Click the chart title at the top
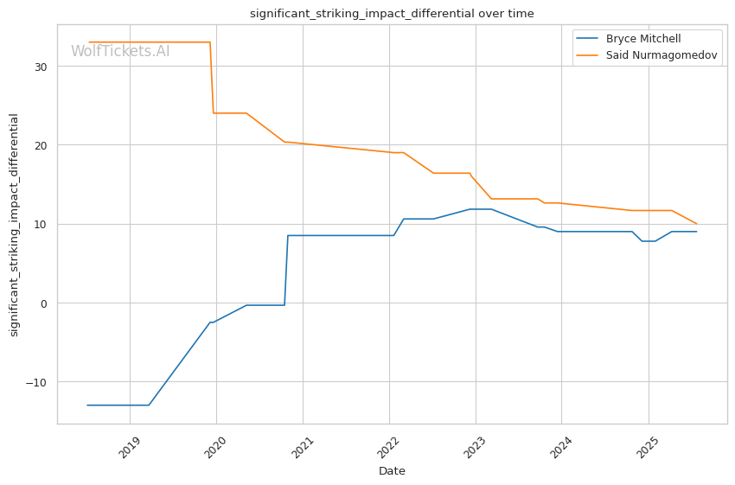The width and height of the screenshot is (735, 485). pyautogui.click(x=392, y=14)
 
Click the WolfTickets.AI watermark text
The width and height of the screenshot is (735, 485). pyautogui.click(x=120, y=51)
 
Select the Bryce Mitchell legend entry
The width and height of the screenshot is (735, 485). pyautogui.click(x=642, y=39)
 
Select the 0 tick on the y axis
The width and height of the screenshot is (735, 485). pyautogui.click(x=45, y=303)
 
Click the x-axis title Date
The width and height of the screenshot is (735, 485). pyautogui.click(x=392, y=471)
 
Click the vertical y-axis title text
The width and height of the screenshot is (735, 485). pyautogui.click(x=15, y=225)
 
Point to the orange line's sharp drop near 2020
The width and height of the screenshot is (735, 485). pyautogui.click(x=212, y=78)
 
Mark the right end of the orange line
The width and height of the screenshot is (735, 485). pyautogui.click(x=696, y=224)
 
